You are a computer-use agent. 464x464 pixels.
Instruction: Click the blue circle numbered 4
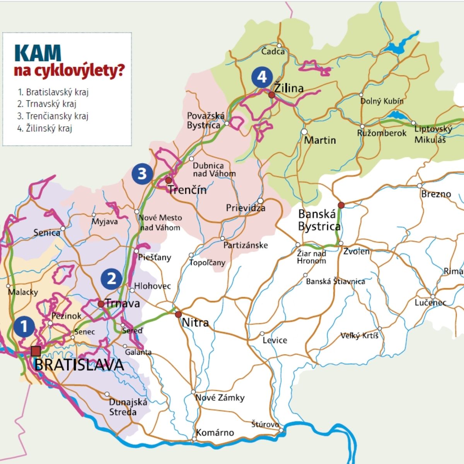(x=262, y=77)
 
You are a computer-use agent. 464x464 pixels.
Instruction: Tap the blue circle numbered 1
(x=24, y=326)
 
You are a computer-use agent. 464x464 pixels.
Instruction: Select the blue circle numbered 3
(x=142, y=174)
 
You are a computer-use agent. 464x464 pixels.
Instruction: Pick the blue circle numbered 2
(x=111, y=278)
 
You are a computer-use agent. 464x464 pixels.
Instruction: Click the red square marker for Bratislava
(x=36, y=351)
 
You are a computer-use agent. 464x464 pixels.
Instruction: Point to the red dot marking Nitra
(x=178, y=314)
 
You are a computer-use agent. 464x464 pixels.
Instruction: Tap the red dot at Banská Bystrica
(x=341, y=205)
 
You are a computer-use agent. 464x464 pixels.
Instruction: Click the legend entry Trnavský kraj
(x=47, y=104)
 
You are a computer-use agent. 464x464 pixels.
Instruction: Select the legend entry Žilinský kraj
(x=45, y=128)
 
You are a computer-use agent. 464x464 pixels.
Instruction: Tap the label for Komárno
(x=215, y=432)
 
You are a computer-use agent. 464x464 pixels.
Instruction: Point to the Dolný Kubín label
(x=382, y=101)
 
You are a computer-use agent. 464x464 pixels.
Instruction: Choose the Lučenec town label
(x=430, y=302)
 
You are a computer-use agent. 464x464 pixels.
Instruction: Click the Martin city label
(x=320, y=140)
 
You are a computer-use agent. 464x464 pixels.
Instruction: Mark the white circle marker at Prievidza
(x=261, y=201)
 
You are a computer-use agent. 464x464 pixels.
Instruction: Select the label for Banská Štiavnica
(x=335, y=281)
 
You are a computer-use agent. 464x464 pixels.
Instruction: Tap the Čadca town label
(x=273, y=51)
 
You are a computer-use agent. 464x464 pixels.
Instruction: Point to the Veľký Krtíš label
(x=359, y=336)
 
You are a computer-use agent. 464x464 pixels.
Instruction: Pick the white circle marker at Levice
(x=262, y=333)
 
